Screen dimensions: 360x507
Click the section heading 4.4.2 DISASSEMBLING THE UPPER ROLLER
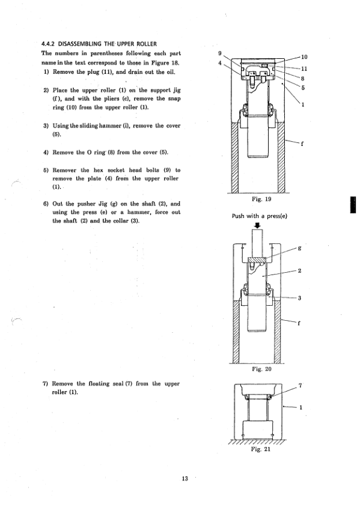99,44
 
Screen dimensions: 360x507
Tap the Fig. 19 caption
261,199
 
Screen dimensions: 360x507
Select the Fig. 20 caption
261,369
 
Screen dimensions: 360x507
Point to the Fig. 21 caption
260,449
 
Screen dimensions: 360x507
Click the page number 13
185,479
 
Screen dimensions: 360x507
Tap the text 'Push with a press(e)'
260,216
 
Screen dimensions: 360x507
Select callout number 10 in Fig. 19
304,57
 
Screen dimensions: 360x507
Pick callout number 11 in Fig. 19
304,68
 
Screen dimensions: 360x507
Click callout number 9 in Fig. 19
220,53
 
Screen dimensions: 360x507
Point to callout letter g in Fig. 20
299,249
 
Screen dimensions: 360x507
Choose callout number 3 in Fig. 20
299,298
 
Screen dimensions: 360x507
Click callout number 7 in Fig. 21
300,386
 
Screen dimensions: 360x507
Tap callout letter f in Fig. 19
302,144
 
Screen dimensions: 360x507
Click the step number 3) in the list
46,126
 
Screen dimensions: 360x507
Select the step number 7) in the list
45,384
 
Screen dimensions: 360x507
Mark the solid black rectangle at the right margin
353,205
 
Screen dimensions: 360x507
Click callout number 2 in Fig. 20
299,271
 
